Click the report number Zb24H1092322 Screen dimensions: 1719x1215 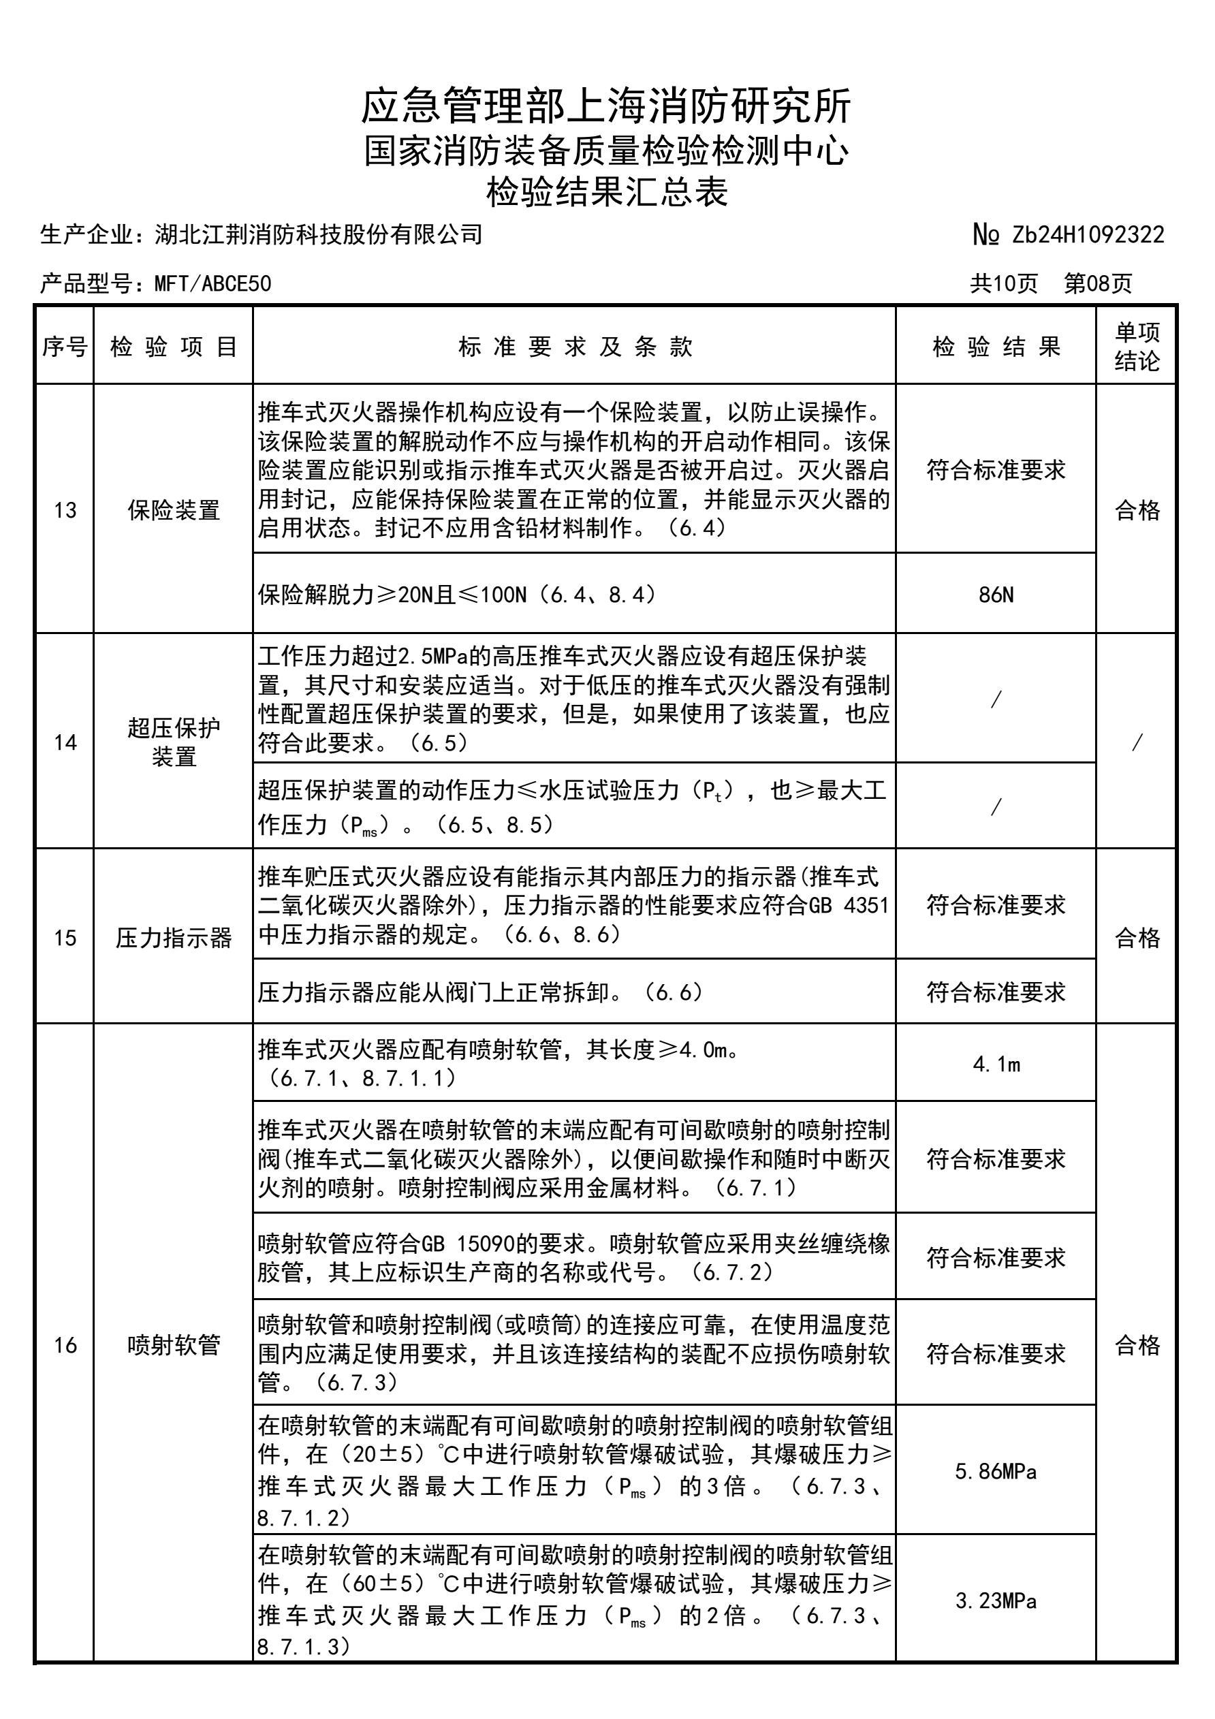pos(1088,235)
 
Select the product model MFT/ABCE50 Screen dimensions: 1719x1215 pos(212,284)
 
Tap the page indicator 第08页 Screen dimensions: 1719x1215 pos(1099,284)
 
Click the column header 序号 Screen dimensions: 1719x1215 pos(65,347)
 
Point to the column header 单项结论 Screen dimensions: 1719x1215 pos(1137,347)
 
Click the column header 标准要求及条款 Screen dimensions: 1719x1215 pos(574,347)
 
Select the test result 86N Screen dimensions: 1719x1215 pos(996,595)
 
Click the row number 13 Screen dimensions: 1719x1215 pos(65,511)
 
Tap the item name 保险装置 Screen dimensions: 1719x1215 pos(174,511)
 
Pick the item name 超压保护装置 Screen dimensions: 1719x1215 pos(174,742)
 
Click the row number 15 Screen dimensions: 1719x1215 pos(65,937)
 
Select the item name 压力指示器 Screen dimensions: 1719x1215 pos(174,937)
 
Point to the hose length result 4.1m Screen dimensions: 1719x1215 pos(996,1064)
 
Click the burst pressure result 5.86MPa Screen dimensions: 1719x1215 pos(996,1472)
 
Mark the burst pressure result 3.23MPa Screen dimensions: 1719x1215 pos(996,1601)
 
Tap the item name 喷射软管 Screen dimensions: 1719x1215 pos(174,1345)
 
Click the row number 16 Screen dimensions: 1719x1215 pos(65,1345)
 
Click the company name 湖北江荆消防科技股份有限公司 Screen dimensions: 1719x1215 pos(318,235)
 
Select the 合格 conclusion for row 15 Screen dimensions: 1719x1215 pos(1137,937)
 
